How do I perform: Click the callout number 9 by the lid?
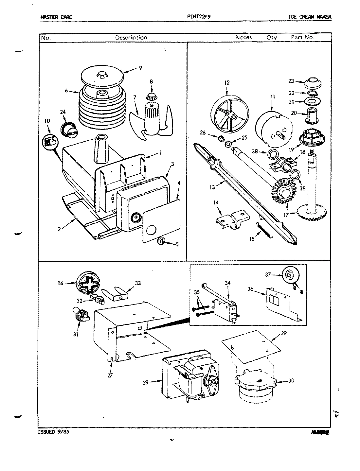pyautogui.click(x=140, y=68)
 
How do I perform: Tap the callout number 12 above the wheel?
pyautogui.click(x=227, y=83)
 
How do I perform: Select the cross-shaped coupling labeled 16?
pyautogui.click(x=87, y=283)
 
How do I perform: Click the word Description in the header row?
pyautogui.click(x=131, y=38)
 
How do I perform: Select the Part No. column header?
pyautogui.click(x=303, y=37)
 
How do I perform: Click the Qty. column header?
pyautogui.click(x=272, y=38)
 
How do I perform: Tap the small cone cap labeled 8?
pyautogui.click(x=152, y=97)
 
